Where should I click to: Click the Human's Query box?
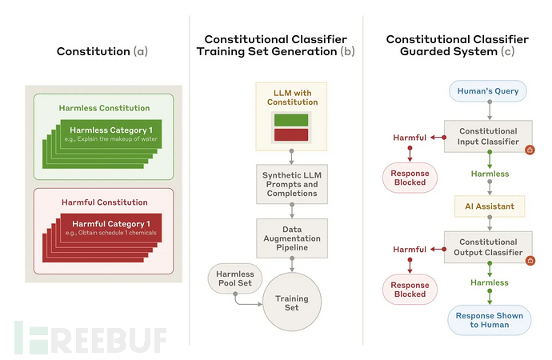489,91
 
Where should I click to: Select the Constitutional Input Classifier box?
488,137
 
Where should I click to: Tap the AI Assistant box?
488,206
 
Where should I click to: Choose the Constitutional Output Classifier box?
488,247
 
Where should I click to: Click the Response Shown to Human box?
488,321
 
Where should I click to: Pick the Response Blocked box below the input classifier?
411,178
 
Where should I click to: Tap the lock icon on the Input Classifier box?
529,150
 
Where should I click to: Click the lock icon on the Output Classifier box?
529,259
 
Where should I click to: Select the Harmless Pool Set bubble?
234,279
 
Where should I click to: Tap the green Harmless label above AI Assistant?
489,174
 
